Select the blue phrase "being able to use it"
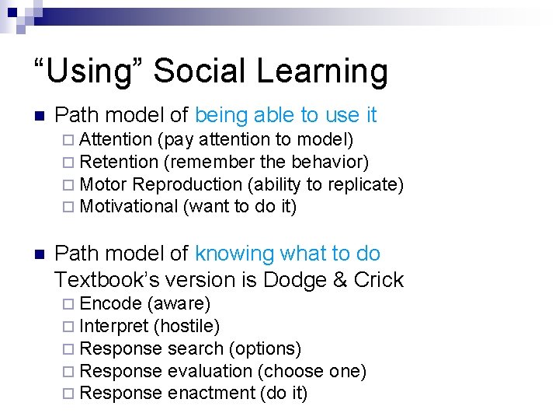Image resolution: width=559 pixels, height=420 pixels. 286,115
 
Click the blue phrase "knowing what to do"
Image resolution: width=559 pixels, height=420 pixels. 287,254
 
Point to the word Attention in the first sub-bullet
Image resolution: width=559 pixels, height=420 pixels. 116,140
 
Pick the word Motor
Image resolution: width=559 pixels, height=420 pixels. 103,184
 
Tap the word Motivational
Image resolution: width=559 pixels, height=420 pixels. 129,206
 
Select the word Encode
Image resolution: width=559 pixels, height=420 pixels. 110,303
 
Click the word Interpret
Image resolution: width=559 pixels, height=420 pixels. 114,326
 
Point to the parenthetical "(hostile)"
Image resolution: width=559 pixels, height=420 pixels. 187,326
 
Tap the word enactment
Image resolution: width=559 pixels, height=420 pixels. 211,394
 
